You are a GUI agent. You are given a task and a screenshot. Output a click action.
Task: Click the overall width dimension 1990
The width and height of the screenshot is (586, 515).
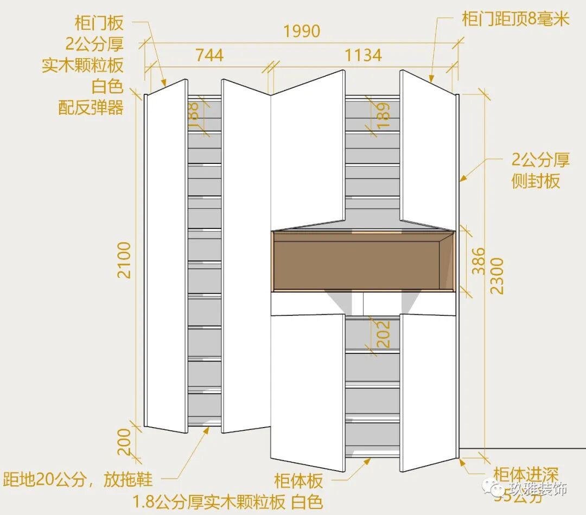(x=302, y=31)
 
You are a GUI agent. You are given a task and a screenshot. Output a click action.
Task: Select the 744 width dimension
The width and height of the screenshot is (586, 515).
(x=209, y=55)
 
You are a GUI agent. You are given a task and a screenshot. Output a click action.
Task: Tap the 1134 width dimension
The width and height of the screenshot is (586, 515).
(x=364, y=55)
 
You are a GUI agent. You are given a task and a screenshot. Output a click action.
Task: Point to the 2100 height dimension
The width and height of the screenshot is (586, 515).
(x=125, y=260)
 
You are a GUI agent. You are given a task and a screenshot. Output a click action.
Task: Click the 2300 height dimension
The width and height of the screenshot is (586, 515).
(x=497, y=275)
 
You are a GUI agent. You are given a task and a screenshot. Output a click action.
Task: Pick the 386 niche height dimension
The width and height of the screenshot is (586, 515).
(x=478, y=261)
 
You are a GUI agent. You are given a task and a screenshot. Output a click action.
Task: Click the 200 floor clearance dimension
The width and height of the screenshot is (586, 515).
(x=124, y=442)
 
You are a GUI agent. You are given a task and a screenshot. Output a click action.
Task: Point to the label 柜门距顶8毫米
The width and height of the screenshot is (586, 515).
(x=515, y=20)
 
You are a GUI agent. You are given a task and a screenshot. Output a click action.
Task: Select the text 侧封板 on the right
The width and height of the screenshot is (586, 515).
(x=536, y=181)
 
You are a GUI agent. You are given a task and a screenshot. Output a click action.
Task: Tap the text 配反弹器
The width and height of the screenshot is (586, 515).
(x=91, y=107)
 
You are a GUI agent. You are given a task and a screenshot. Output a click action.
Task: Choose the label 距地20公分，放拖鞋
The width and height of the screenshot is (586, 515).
(x=78, y=480)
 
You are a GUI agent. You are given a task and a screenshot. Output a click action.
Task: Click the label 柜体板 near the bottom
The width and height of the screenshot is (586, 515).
(x=298, y=481)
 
